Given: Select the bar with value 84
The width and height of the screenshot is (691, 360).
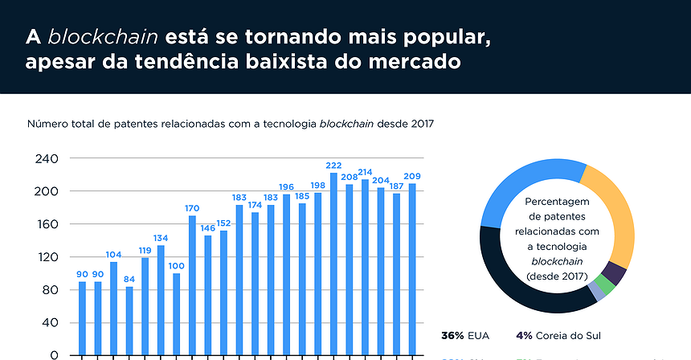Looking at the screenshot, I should [129, 321].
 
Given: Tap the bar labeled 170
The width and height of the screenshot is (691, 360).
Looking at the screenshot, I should [192, 285].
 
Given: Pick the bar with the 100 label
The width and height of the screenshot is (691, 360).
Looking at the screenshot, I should [177, 314].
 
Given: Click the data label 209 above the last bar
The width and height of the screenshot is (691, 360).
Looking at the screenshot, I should [413, 176].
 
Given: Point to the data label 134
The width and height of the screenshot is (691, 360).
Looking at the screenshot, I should [161, 238].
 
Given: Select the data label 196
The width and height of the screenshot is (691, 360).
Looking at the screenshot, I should [286, 186].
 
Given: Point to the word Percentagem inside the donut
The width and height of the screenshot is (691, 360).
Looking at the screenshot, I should [557, 201].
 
